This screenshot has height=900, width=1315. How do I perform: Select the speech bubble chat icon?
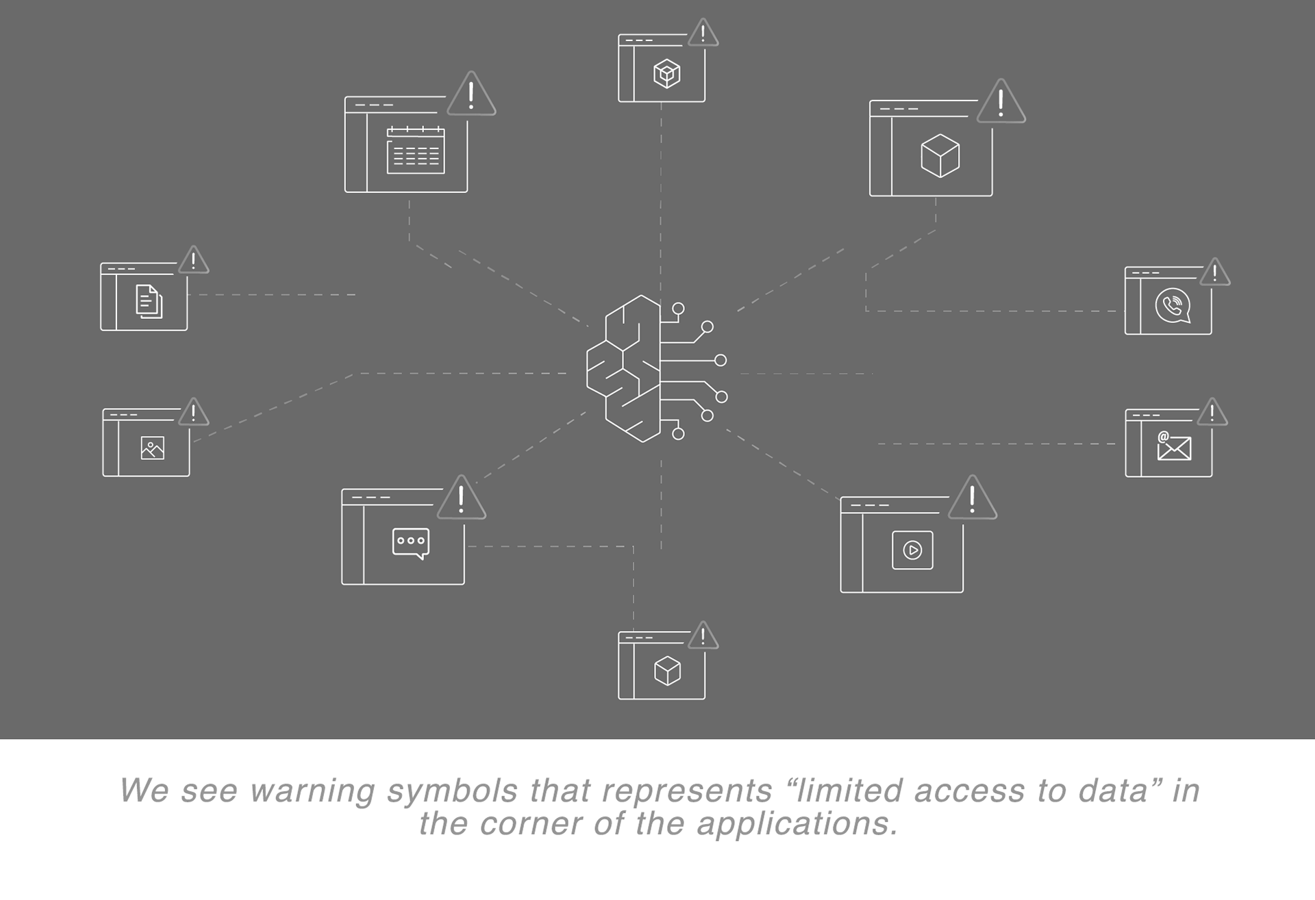(x=411, y=543)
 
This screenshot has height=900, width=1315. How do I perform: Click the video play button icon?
(x=912, y=550)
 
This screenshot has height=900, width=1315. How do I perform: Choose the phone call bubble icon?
(x=1173, y=306)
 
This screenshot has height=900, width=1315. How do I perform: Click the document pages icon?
(x=149, y=302)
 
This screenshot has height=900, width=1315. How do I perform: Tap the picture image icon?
(x=152, y=448)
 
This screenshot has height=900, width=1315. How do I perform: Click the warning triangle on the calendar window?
(x=471, y=97)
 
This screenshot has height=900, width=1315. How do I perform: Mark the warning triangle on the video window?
(x=973, y=500)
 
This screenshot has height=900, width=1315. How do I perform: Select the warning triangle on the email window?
(x=1212, y=413)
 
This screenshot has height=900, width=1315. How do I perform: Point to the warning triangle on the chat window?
(x=461, y=500)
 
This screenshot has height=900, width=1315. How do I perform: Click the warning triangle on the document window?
(x=194, y=261)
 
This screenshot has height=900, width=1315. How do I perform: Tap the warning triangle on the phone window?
(x=1215, y=274)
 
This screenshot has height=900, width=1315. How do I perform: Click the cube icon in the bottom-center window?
(x=667, y=671)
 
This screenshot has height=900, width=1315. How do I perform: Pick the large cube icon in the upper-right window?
(x=940, y=155)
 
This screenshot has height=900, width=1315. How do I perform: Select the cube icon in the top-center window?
(x=666, y=73)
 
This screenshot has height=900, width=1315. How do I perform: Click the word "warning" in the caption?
(x=312, y=791)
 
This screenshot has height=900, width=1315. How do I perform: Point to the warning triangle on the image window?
(x=194, y=413)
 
